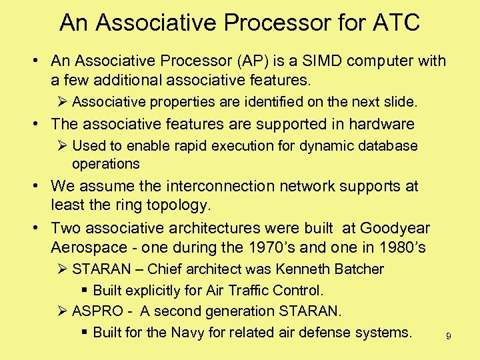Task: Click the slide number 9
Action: pos(449,337)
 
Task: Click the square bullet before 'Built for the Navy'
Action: pos(85,332)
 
